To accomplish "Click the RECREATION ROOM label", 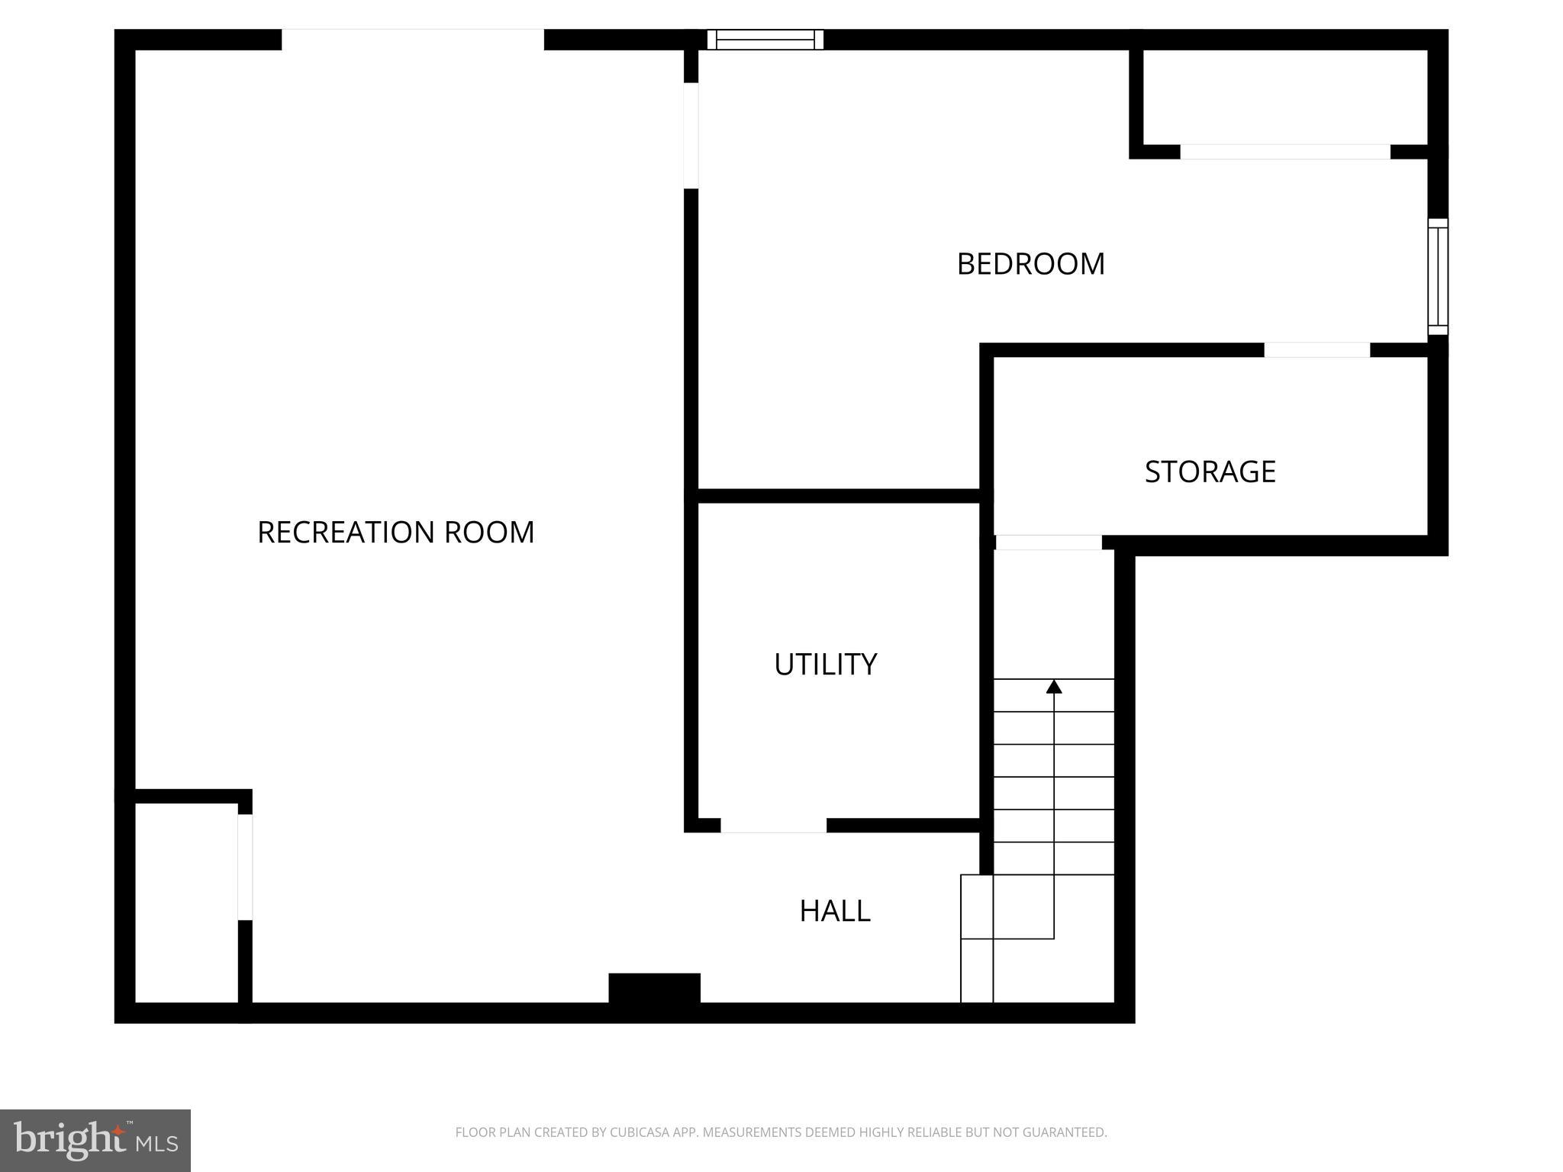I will [x=395, y=533].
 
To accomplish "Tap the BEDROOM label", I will [x=1030, y=264].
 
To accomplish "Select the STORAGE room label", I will [x=1210, y=472].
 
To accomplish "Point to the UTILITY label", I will [x=825, y=665].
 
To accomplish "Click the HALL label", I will [x=834, y=911].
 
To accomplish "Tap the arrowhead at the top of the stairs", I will [x=1054, y=687].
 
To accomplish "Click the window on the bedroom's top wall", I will [x=765, y=40].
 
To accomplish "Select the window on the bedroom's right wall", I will [x=1437, y=276].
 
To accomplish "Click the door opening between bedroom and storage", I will [x=1316, y=350].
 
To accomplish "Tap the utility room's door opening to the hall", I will [x=773, y=826].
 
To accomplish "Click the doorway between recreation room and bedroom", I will [x=691, y=135].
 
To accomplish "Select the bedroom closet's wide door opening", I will [x=1284, y=152].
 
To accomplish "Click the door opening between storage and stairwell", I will [x=1048, y=543].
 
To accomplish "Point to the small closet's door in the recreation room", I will [x=245, y=867].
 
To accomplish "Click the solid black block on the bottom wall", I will [x=654, y=989].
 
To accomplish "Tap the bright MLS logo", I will [x=95, y=1141].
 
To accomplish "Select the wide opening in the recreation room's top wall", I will [x=412, y=40].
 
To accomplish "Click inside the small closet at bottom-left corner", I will [x=186, y=903].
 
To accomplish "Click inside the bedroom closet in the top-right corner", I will [x=1284, y=96].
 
